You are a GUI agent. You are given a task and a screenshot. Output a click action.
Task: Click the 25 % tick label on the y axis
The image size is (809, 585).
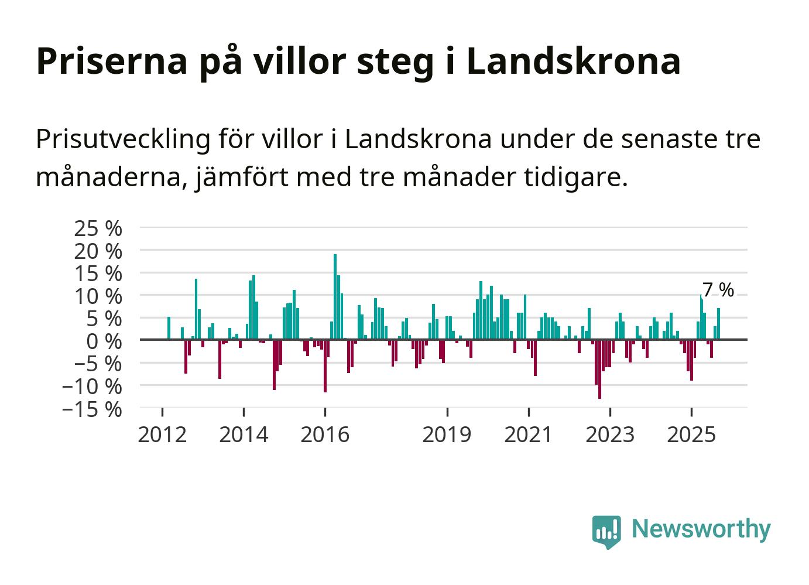click(x=98, y=228)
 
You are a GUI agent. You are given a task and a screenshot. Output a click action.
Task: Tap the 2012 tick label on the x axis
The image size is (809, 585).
click(x=162, y=435)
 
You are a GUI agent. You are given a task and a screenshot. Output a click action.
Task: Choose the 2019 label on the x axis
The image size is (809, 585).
click(x=447, y=435)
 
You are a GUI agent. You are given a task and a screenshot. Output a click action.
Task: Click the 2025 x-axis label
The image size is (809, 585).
click(x=691, y=435)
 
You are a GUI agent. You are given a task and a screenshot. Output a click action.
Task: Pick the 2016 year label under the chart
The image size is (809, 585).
click(x=325, y=435)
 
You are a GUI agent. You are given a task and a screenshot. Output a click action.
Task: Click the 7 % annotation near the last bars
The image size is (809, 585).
click(x=718, y=290)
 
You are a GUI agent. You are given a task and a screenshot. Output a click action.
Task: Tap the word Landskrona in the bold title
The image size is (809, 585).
click(x=574, y=60)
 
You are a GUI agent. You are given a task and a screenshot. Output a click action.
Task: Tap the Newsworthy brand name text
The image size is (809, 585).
click(x=701, y=529)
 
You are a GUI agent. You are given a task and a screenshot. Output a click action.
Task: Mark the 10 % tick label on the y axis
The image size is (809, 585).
click(x=98, y=296)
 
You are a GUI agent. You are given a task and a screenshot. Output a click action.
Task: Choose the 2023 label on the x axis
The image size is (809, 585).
click(x=610, y=435)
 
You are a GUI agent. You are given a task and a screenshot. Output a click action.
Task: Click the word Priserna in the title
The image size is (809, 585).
click(x=111, y=60)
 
